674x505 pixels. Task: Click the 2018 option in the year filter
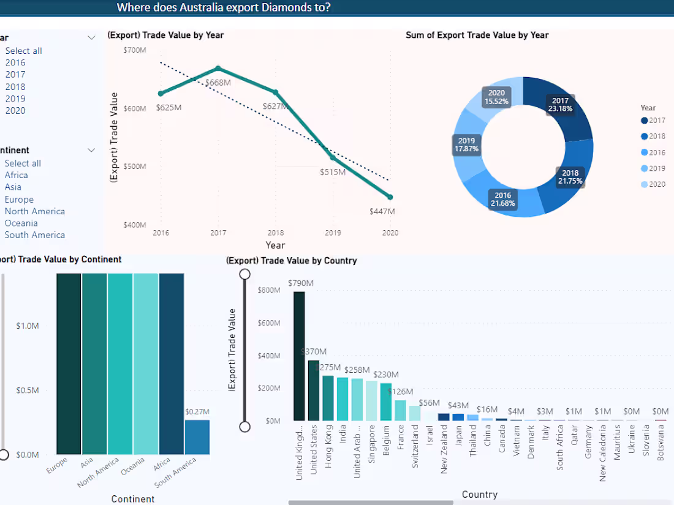pyautogui.click(x=15, y=87)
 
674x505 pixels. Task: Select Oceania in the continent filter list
pyautogui.click(x=21, y=223)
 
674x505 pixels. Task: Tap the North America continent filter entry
pyautogui.click(x=34, y=211)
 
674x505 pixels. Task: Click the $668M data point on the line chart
pyautogui.click(x=218, y=68)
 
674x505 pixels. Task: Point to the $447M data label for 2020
pyautogui.click(x=382, y=211)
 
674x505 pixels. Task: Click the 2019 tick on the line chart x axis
pyautogui.click(x=333, y=233)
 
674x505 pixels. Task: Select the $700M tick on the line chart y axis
pyautogui.click(x=135, y=50)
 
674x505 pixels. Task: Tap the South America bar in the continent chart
pyautogui.click(x=197, y=437)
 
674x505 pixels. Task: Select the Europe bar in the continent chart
pyautogui.click(x=69, y=364)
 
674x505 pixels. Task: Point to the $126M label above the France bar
pyautogui.click(x=401, y=392)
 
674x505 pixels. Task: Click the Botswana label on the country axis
pyautogui.click(x=661, y=444)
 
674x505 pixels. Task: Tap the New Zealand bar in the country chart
pyautogui.click(x=444, y=417)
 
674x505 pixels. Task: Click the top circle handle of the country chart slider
pyautogui.click(x=245, y=274)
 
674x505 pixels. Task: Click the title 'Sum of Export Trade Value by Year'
pyautogui.click(x=477, y=35)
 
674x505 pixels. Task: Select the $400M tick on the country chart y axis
pyautogui.click(x=269, y=356)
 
